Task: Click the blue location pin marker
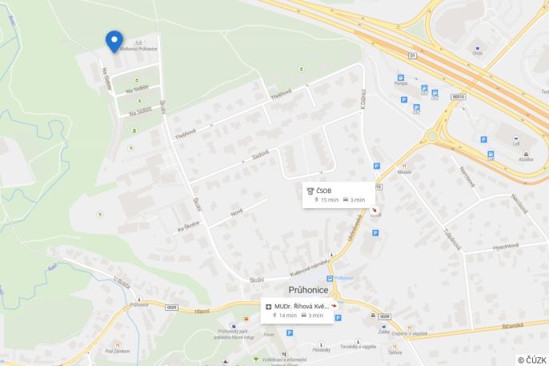click(114, 40)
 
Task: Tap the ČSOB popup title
click(324, 190)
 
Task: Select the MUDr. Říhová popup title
click(302, 306)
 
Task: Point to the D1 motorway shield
click(413, 56)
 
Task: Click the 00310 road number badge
click(458, 96)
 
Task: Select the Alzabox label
click(526, 159)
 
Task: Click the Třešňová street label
click(281, 95)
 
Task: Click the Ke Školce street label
click(189, 227)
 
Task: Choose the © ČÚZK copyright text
click(531, 360)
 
